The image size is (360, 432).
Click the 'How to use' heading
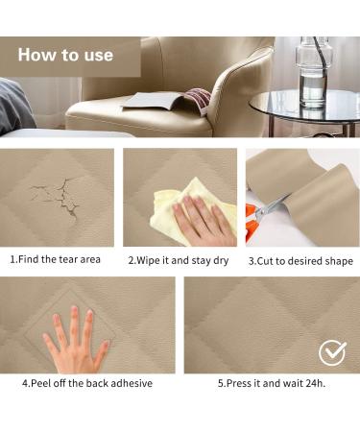point(65,56)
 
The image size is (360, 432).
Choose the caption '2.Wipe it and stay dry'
point(180,260)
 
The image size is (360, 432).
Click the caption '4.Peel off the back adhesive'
point(87,383)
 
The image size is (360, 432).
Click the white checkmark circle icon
point(332,352)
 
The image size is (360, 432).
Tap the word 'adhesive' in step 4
point(130,383)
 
